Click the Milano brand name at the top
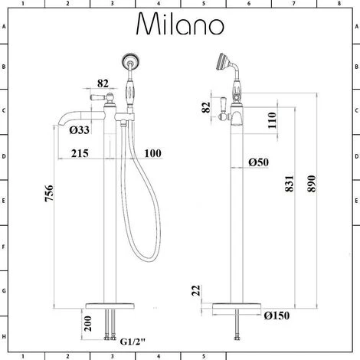(x=180, y=24)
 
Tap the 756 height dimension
(x=49, y=193)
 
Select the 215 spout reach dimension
(x=80, y=153)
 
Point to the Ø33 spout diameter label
(x=80, y=130)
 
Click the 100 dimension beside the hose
(x=152, y=153)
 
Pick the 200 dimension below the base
(x=87, y=323)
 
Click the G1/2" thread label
(x=133, y=342)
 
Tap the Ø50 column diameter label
(x=258, y=162)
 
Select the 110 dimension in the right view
(x=272, y=120)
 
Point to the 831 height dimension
(x=290, y=184)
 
